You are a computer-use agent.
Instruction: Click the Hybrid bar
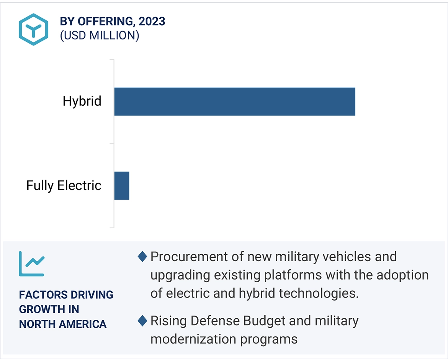[x=234, y=101]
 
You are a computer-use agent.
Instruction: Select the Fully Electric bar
[x=122, y=186]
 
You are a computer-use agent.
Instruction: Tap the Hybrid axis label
[x=82, y=101]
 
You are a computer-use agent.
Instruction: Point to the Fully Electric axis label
[x=64, y=186]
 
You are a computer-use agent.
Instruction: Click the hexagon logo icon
[x=34, y=29]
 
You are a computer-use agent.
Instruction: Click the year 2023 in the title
[x=152, y=21]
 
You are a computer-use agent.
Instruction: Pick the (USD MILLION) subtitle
[x=100, y=36]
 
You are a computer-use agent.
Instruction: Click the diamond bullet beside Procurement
[x=142, y=257]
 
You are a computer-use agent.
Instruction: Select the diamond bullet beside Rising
[x=142, y=321]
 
